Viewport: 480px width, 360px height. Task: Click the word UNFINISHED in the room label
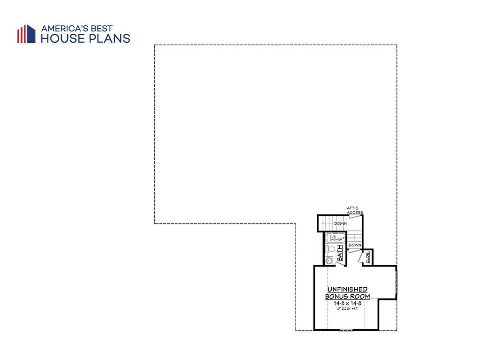coord(347,289)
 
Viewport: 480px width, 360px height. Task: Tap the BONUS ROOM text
coord(347,296)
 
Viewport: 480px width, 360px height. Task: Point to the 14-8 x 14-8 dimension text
coord(347,303)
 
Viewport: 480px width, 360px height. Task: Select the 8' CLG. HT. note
coord(347,308)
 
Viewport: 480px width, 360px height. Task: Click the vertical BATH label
coord(340,256)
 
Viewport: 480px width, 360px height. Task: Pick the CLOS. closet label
coord(368,257)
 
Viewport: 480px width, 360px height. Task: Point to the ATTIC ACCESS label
coord(355,210)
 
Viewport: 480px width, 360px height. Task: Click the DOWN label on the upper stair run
coord(340,224)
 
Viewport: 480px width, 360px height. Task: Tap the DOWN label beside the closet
coord(355,245)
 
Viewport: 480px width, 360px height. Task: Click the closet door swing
coord(361,258)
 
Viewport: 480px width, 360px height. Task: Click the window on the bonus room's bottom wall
coord(346,330)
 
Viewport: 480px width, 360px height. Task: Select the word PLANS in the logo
coord(110,38)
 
